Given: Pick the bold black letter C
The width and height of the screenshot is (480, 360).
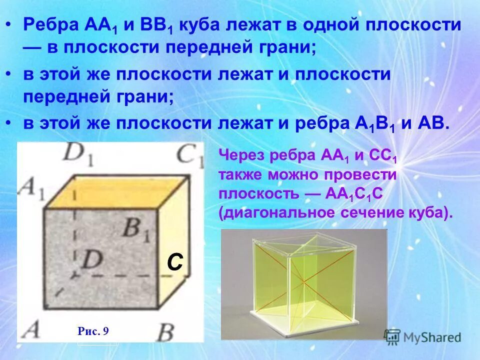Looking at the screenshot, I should [175, 262].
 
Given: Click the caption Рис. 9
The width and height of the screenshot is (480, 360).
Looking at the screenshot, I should [93, 330].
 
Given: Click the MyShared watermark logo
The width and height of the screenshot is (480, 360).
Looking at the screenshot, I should [422, 337].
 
